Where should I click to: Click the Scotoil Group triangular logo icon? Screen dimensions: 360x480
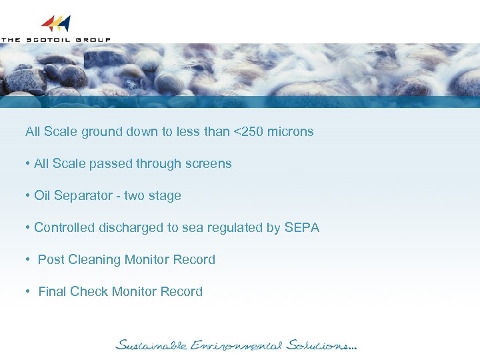(x=56, y=24)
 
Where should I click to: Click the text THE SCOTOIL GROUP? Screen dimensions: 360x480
(x=56, y=39)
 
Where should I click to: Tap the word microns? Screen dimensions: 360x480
(x=290, y=131)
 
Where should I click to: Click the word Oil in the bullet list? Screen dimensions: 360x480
(x=42, y=195)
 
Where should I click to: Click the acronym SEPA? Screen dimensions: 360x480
(x=302, y=227)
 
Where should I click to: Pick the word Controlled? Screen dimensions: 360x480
(x=65, y=227)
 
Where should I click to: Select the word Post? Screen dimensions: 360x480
(x=51, y=259)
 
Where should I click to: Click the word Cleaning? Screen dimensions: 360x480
(x=91, y=259)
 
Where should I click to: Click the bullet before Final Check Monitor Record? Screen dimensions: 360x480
(x=29, y=291)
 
